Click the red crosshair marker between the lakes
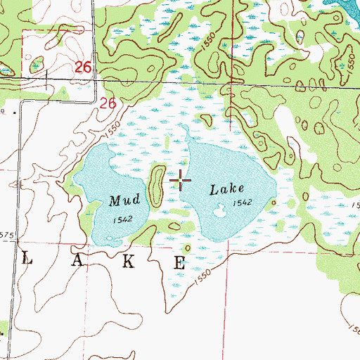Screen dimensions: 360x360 click(181, 181)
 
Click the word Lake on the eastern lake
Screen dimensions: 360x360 click(226, 189)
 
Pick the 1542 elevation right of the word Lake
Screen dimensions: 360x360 click(243, 202)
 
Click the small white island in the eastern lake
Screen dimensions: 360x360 click(220, 209)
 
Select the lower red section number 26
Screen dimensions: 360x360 click(107, 103)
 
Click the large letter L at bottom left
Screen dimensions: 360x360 click(28, 259)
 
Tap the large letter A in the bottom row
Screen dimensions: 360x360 click(78, 260)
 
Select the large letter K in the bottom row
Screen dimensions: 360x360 click(129, 262)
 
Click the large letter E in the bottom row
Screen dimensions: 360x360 click(180, 264)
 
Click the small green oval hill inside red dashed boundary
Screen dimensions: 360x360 click(37, 66)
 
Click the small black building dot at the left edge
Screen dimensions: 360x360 click(3, 112)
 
